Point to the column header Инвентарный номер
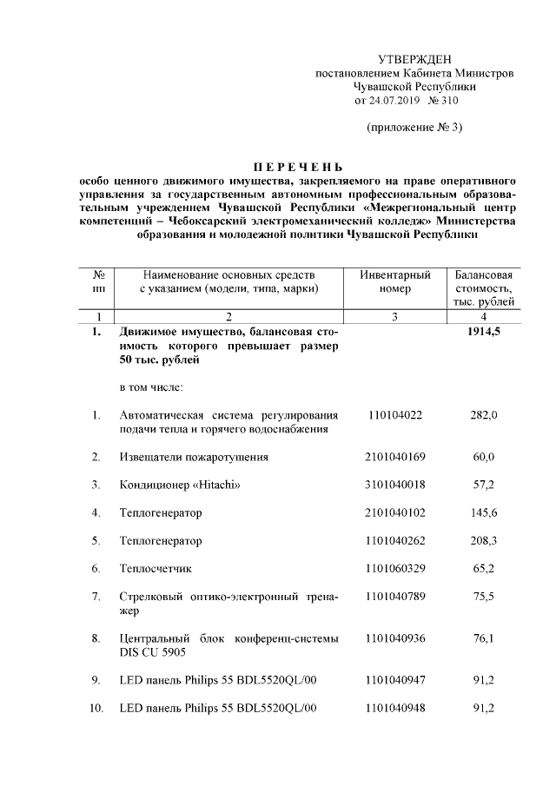[x=395, y=281]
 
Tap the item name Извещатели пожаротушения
[x=194, y=457]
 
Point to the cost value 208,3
[x=483, y=540]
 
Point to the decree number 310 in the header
[x=448, y=101]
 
